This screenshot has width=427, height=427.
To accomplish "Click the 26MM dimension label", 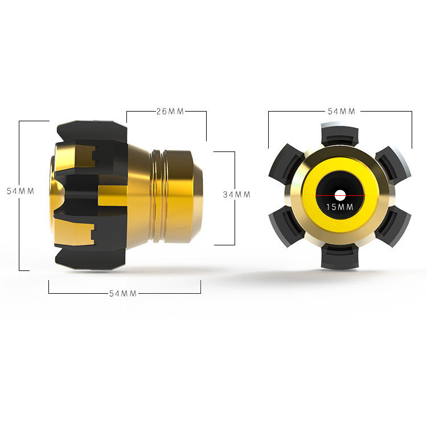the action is [x=170, y=112].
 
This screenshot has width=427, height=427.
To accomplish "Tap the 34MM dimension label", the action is [x=236, y=195].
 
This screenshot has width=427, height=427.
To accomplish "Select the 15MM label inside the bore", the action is [x=339, y=207].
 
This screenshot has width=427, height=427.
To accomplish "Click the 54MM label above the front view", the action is [x=341, y=112].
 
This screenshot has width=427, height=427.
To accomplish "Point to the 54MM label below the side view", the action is [x=122, y=293].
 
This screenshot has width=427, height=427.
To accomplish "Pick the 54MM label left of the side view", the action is [x=20, y=191].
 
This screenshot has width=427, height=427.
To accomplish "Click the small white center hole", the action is [x=340, y=195].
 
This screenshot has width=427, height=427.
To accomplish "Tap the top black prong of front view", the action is [x=340, y=136].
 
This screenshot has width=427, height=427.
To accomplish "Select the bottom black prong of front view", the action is [x=340, y=257].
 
